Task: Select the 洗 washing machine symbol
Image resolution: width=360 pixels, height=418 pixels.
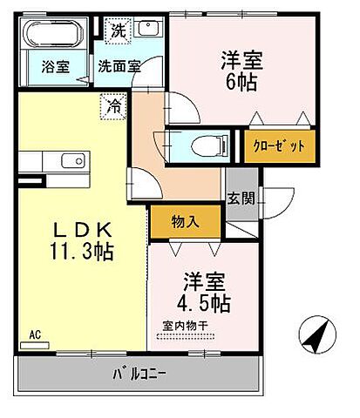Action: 117,30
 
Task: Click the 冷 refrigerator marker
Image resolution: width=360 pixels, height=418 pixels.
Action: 114,106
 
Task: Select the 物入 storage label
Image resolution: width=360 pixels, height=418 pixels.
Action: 184,221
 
